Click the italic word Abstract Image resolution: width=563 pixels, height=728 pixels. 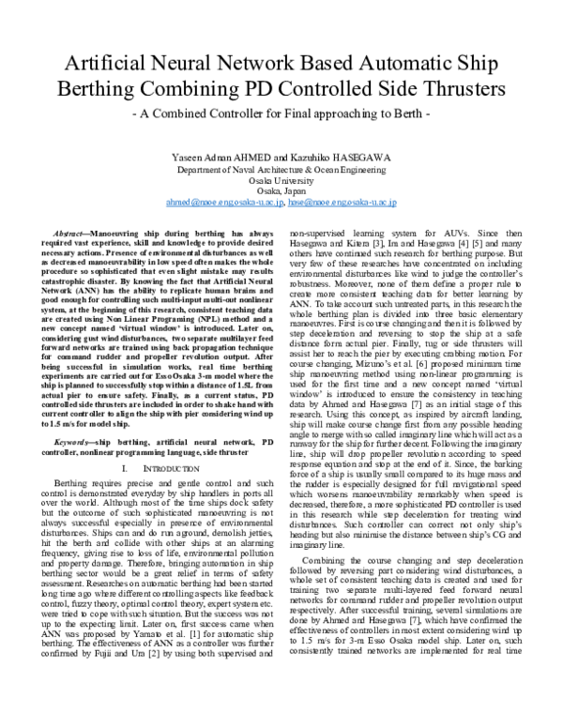76,230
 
